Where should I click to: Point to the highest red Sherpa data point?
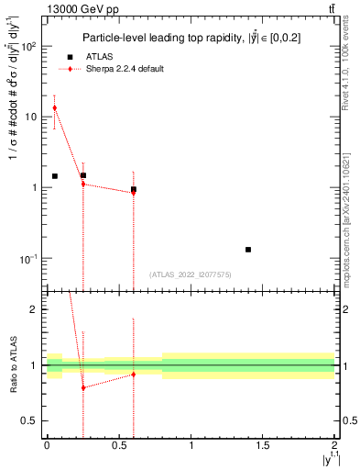[55, 108]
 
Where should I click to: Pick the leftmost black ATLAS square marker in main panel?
[55, 176]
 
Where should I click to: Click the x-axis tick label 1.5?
[263, 446]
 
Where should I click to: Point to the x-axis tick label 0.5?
[118, 446]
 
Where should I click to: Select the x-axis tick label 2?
[334, 446]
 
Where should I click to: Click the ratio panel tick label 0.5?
[31, 420]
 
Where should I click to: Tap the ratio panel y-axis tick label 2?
[35, 309]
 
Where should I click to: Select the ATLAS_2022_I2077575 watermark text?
[191, 274]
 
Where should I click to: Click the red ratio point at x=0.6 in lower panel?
[134, 375]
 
